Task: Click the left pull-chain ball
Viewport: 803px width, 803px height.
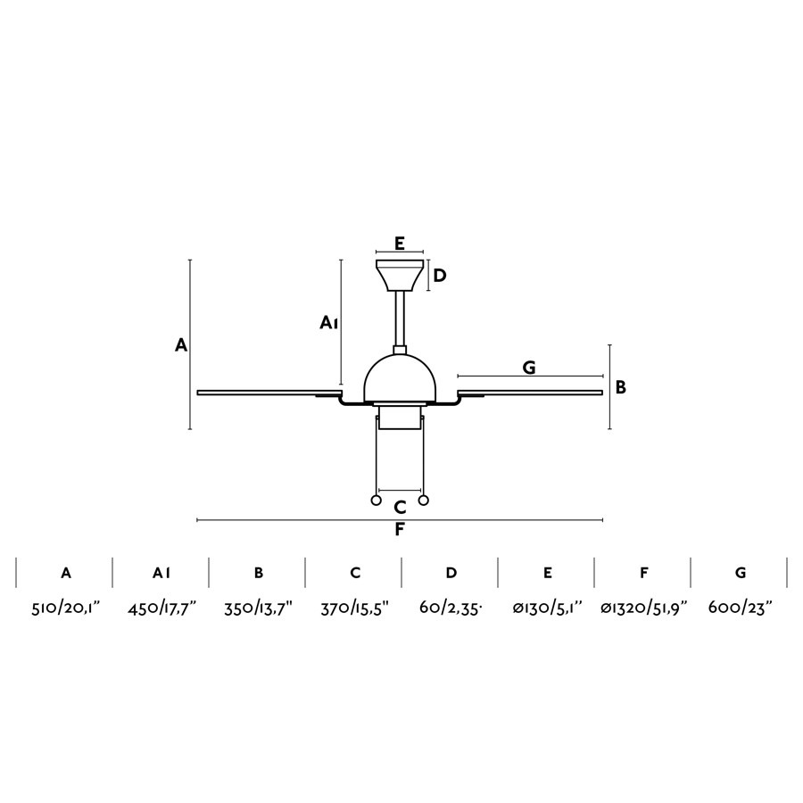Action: coord(376,501)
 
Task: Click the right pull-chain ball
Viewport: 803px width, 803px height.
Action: coord(423,501)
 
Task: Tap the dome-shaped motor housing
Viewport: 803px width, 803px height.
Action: coord(400,378)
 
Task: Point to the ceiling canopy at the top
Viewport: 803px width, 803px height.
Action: coord(400,275)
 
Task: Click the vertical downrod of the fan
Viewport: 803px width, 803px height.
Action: coord(400,319)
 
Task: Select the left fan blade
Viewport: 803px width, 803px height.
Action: coord(269,393)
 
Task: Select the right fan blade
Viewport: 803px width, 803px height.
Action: coord(530,393)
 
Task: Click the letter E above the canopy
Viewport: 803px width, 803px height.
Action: coord(400,243)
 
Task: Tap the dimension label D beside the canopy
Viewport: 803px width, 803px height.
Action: coord(439,276)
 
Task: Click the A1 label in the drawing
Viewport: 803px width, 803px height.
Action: coord(328,323)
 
